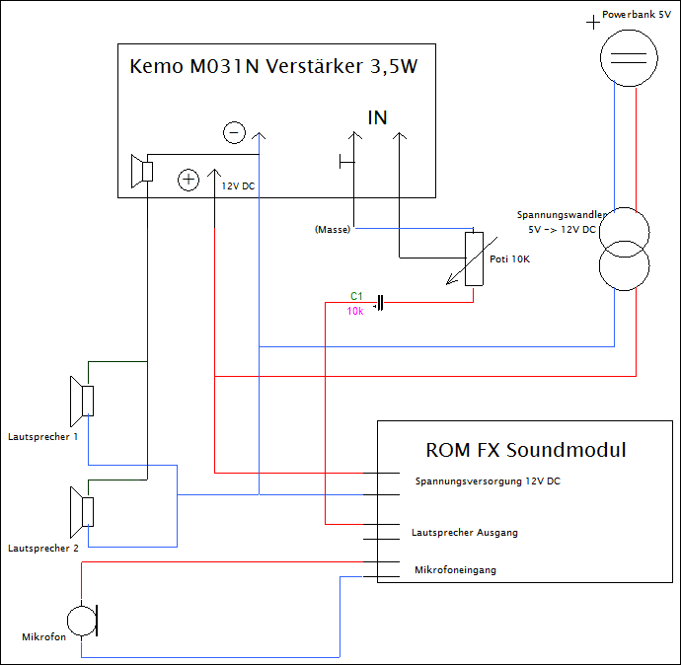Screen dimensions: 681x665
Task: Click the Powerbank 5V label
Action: coord(637,15)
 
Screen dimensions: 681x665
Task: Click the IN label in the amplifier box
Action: coord(377,117)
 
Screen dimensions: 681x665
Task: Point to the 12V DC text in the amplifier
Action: coord(238,186)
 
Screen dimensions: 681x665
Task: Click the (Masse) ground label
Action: coord(333,229)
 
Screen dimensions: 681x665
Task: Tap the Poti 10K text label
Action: coord(509,259)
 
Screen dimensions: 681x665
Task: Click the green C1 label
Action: coord(356,296)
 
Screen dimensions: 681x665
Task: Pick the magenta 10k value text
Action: coord(355,311)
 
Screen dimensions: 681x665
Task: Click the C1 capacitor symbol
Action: coord(380,303)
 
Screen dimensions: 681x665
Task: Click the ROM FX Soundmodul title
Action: coord(526,450)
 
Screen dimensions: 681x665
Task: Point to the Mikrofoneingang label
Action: coord(455,570)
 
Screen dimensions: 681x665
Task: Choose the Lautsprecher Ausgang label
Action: coord(465,533)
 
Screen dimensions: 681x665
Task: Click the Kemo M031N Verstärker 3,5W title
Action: coord(273,66)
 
